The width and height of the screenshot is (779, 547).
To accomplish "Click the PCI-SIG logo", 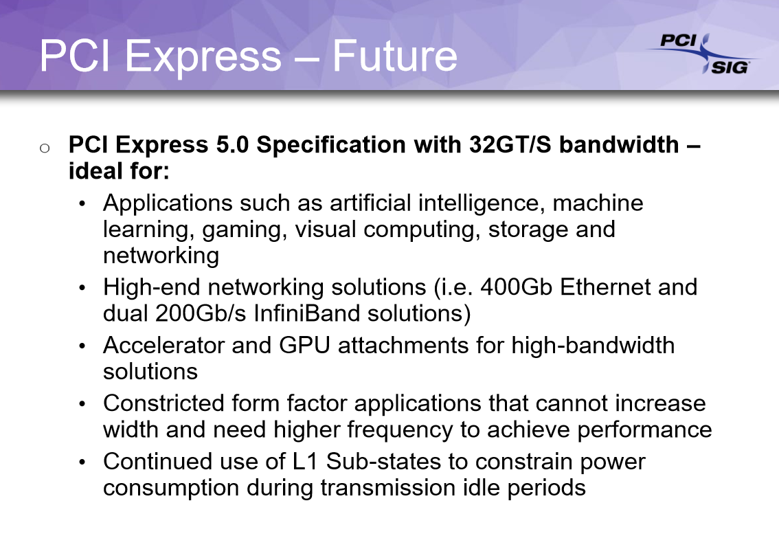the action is coord(704,54).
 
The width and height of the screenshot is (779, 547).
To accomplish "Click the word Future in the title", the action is coord(394,56).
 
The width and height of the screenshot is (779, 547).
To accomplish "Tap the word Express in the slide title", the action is coord(203,58).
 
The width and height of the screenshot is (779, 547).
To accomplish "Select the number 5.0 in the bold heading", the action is coord(232,144).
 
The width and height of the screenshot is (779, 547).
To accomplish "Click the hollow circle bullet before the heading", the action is coord(45,148).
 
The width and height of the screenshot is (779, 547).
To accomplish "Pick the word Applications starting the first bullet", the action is coord(168,203).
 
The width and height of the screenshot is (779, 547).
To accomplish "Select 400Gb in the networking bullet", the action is coord(516,287).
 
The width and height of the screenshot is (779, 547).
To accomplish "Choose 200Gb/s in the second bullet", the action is coord(201,313).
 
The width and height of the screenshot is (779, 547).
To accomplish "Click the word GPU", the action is coord(304,345).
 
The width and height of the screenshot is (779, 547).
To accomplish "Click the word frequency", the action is coord(400,430).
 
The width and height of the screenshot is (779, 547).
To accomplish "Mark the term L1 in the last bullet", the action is coord(305,462).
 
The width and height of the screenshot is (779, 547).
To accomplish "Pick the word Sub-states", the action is coord(383,462).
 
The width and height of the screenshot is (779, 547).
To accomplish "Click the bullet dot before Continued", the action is coord(82,462).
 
